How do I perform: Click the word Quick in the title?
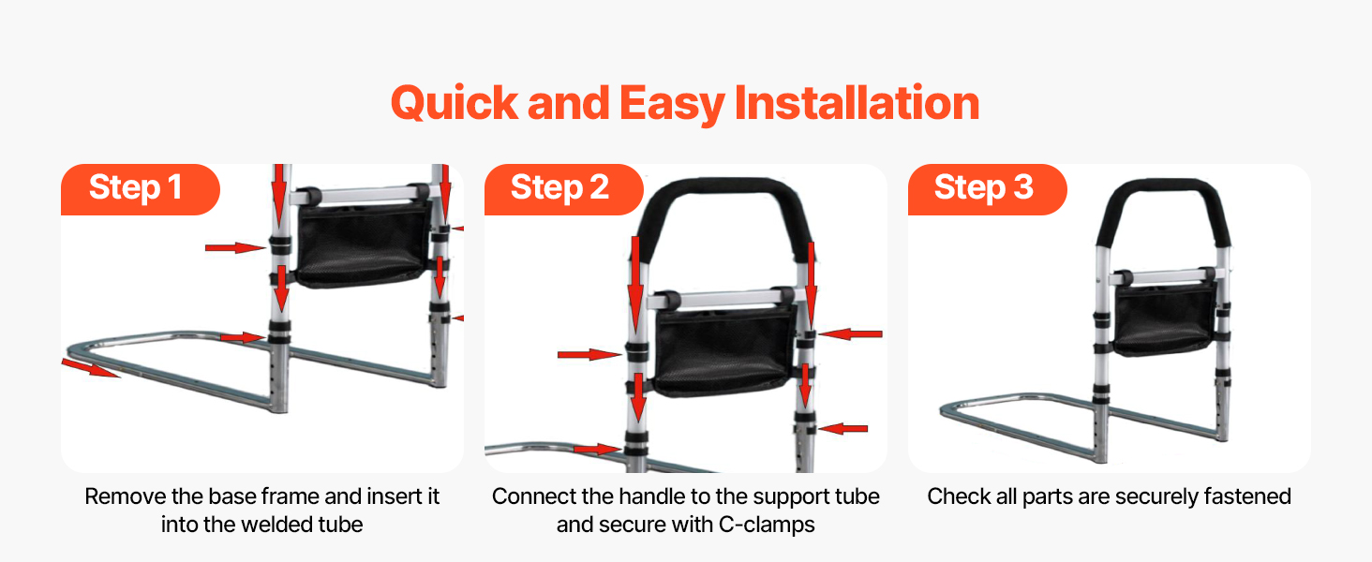(x=455, y=103)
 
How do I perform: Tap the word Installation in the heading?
(x=857, y=102)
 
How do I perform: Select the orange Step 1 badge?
(x=141, y=189)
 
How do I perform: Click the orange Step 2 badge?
(x=563, y=189)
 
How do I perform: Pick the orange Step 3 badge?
(x=988, y=189)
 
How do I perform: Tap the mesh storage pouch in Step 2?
(x=724, y=349)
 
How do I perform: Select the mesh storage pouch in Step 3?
(x=1163, y=318)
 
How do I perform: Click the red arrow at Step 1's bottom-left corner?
(x=91, y=368)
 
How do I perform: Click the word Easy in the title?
(x=672, y=104)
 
